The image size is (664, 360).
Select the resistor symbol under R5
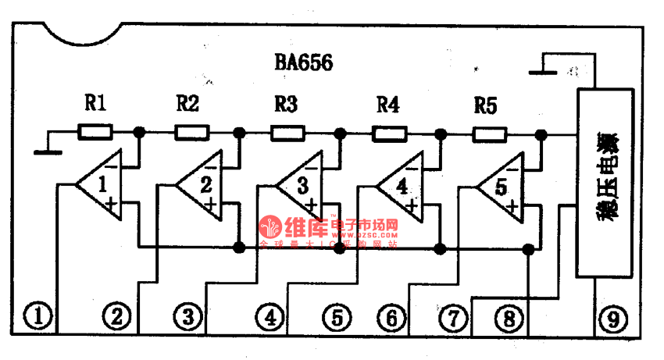click(x=490, y=134)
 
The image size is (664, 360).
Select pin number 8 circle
click(x=510, y=318)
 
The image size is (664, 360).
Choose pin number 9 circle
click(x=613, y=318)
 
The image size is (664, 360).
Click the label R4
click(x=388, y=104)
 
